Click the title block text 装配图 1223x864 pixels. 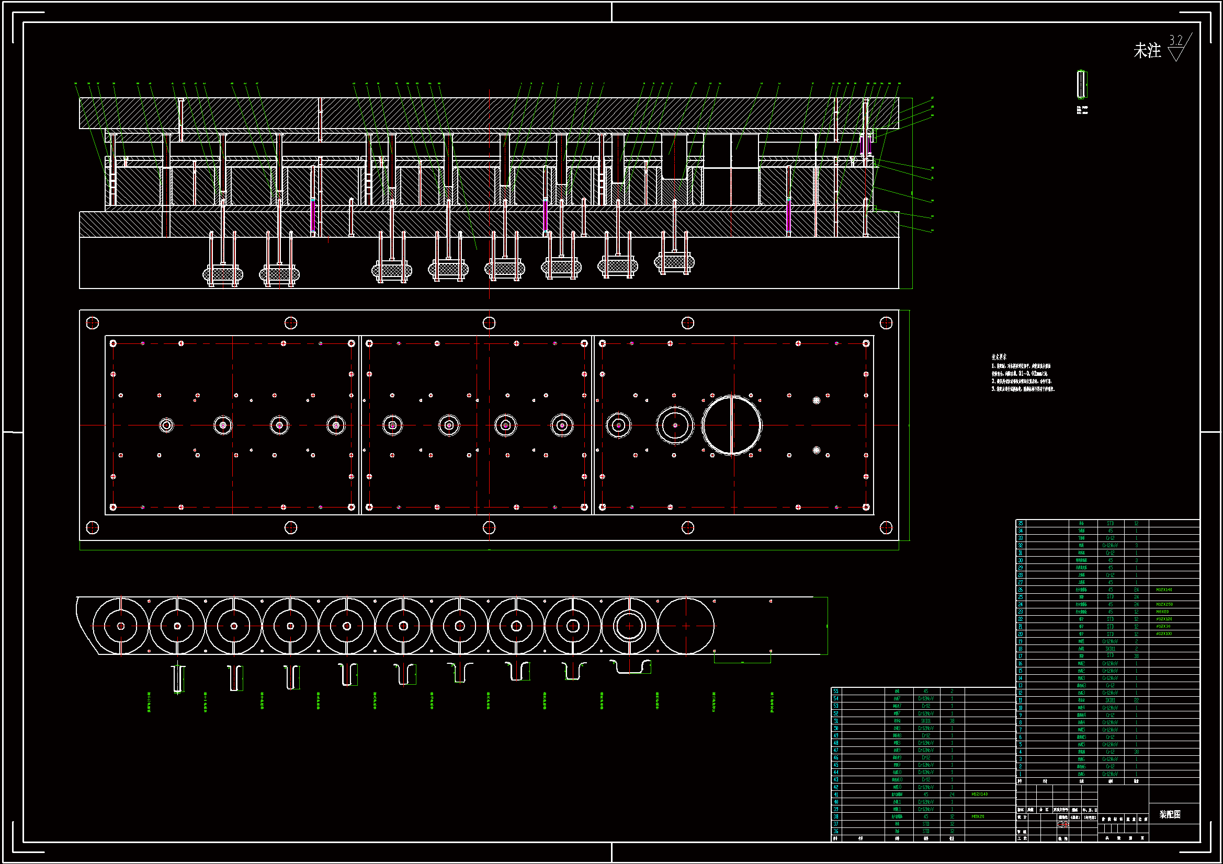[1170, 814]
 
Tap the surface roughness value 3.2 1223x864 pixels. [1175, 40]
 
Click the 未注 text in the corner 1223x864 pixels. [1147, 51]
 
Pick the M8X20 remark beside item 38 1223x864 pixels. [978, 816]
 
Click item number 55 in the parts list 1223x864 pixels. [836, 691]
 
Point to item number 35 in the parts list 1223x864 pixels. [1021, 523]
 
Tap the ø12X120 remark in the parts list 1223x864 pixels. [1164, 619]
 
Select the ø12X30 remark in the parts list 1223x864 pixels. [1163, 627]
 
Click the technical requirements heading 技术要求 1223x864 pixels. [999, 357]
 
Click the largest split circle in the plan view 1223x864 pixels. [732, 425]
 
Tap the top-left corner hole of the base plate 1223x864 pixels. [92, 323]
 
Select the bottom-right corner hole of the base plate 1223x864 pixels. [886, 527]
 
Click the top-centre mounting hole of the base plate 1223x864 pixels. [489, 323]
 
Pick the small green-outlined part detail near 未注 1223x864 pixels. [1081, 84]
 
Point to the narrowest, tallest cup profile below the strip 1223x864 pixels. [179, 678]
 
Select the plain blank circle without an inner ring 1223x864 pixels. [686, 626]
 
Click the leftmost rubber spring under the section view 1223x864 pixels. [223, 275]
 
